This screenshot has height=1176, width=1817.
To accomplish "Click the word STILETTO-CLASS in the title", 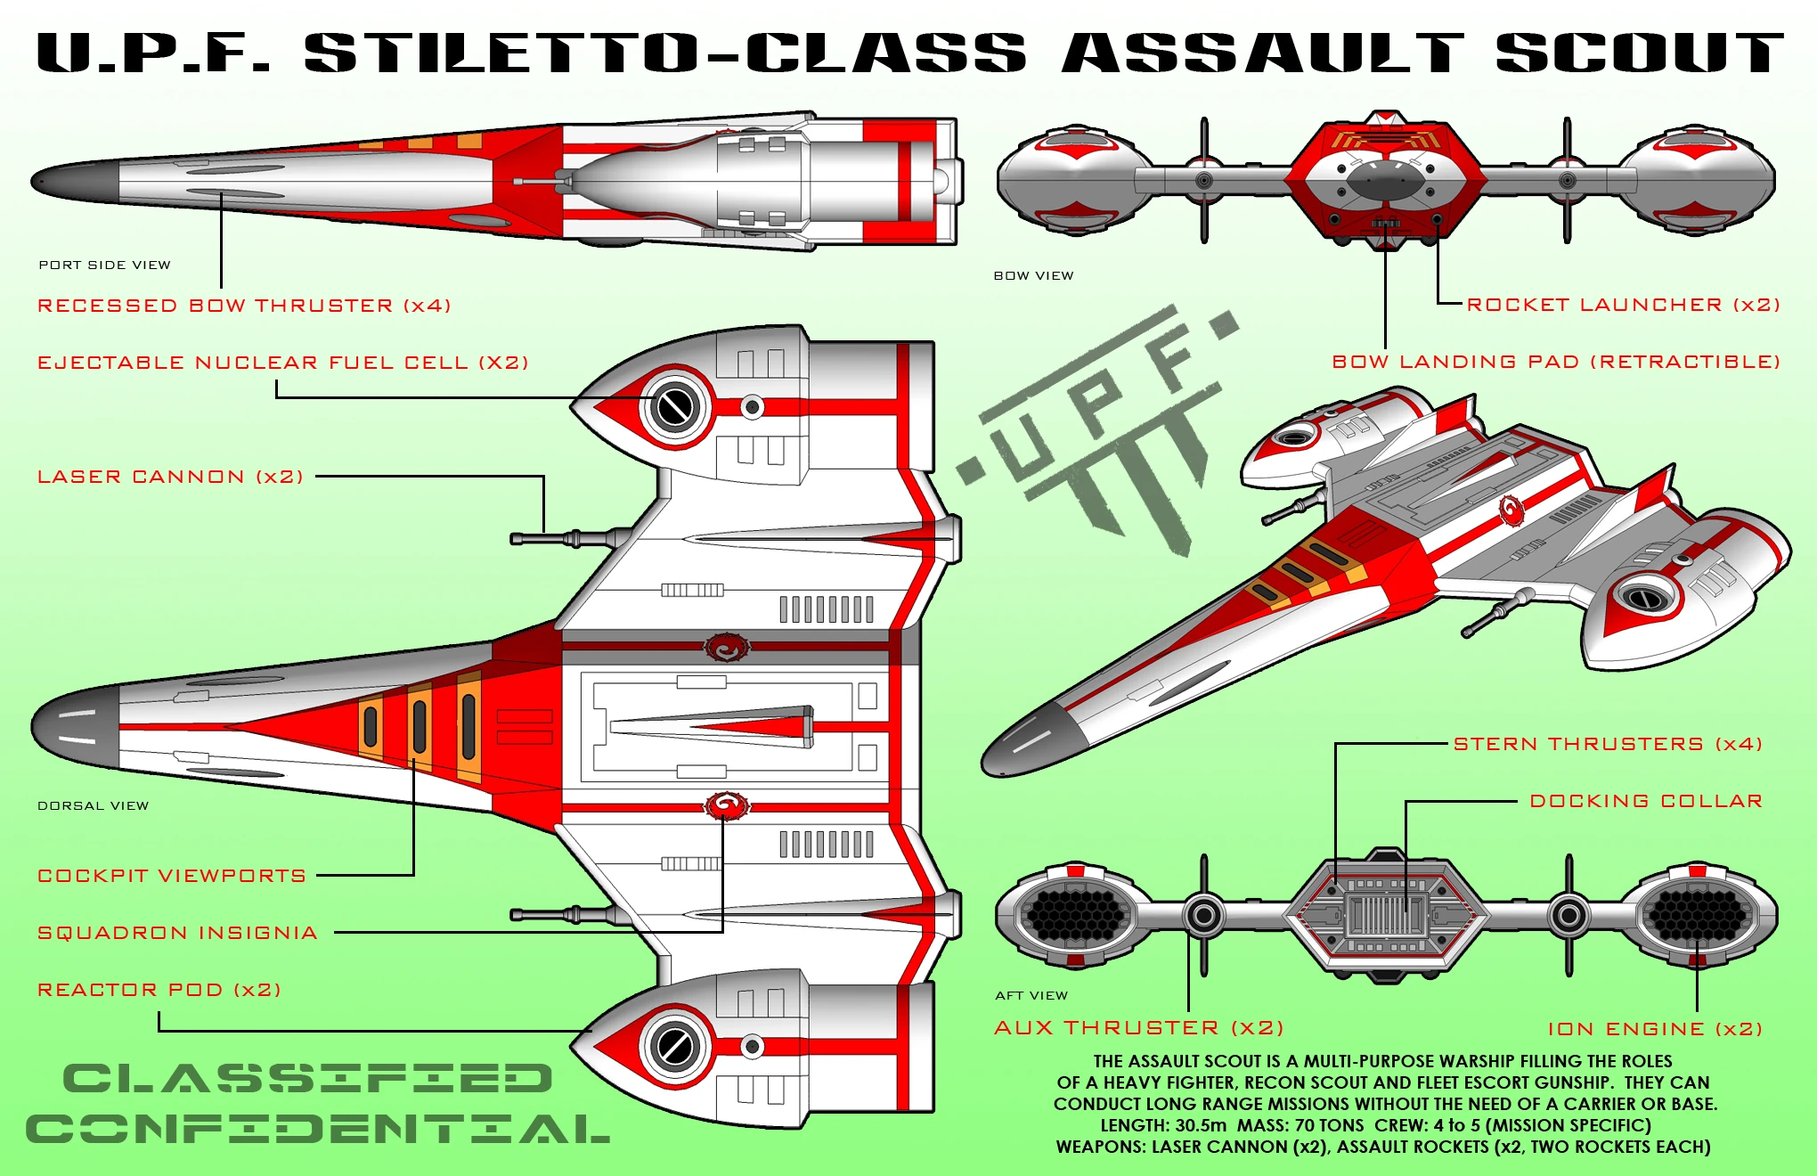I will pyautogui.click(x=664, y=53).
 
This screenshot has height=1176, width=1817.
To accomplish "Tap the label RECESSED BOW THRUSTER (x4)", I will pyautogui.click(x=244, y=306).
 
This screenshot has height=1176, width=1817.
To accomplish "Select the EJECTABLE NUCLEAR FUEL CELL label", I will pyautogui.click(x=283, y=363).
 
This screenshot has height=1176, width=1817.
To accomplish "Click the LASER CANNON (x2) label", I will pyautogui.click(x=170, y=477).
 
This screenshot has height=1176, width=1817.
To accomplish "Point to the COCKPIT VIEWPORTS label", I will pyautogui.click(x=172, y=876).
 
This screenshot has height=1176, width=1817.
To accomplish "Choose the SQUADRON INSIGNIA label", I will pyautogui.click(x=177, y=933).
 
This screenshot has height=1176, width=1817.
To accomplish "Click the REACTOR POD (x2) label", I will pyautogui.click(x=159, y=990).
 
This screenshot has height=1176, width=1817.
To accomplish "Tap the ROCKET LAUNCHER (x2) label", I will pyautogui.click(x=1623, y=305).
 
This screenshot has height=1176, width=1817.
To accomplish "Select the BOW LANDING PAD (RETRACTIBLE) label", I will pyautogui.click(x=1555, y=362).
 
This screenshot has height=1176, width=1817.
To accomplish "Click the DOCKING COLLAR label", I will pyautogui.click(x=1646, y=801).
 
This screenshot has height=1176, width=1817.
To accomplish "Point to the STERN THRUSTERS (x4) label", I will pyautogui.click(x=1608, y=744).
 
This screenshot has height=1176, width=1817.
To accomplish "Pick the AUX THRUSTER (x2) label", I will pyautogui.click(x=1138, y=1028).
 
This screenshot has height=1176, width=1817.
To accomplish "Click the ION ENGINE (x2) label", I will pyautogui.click(x=1655, y=1029).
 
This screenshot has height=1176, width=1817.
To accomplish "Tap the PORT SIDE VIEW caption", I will pyautogui.click(x=104, y=265).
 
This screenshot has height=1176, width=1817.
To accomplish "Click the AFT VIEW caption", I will pyautogui.click(x=1031, y=995).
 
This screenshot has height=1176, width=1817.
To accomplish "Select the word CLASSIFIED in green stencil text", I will pyautogui.click(x=307, y=1079).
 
